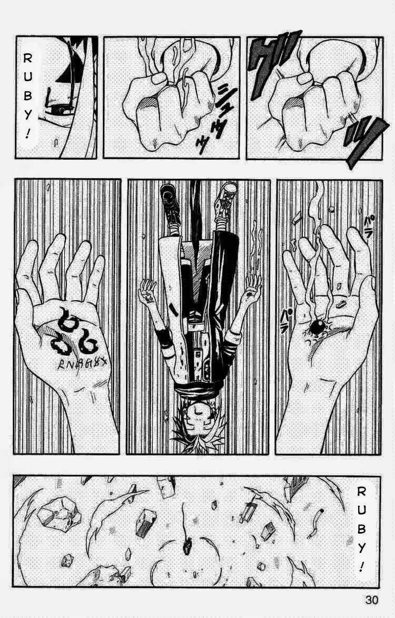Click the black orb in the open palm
coord(317,327)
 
